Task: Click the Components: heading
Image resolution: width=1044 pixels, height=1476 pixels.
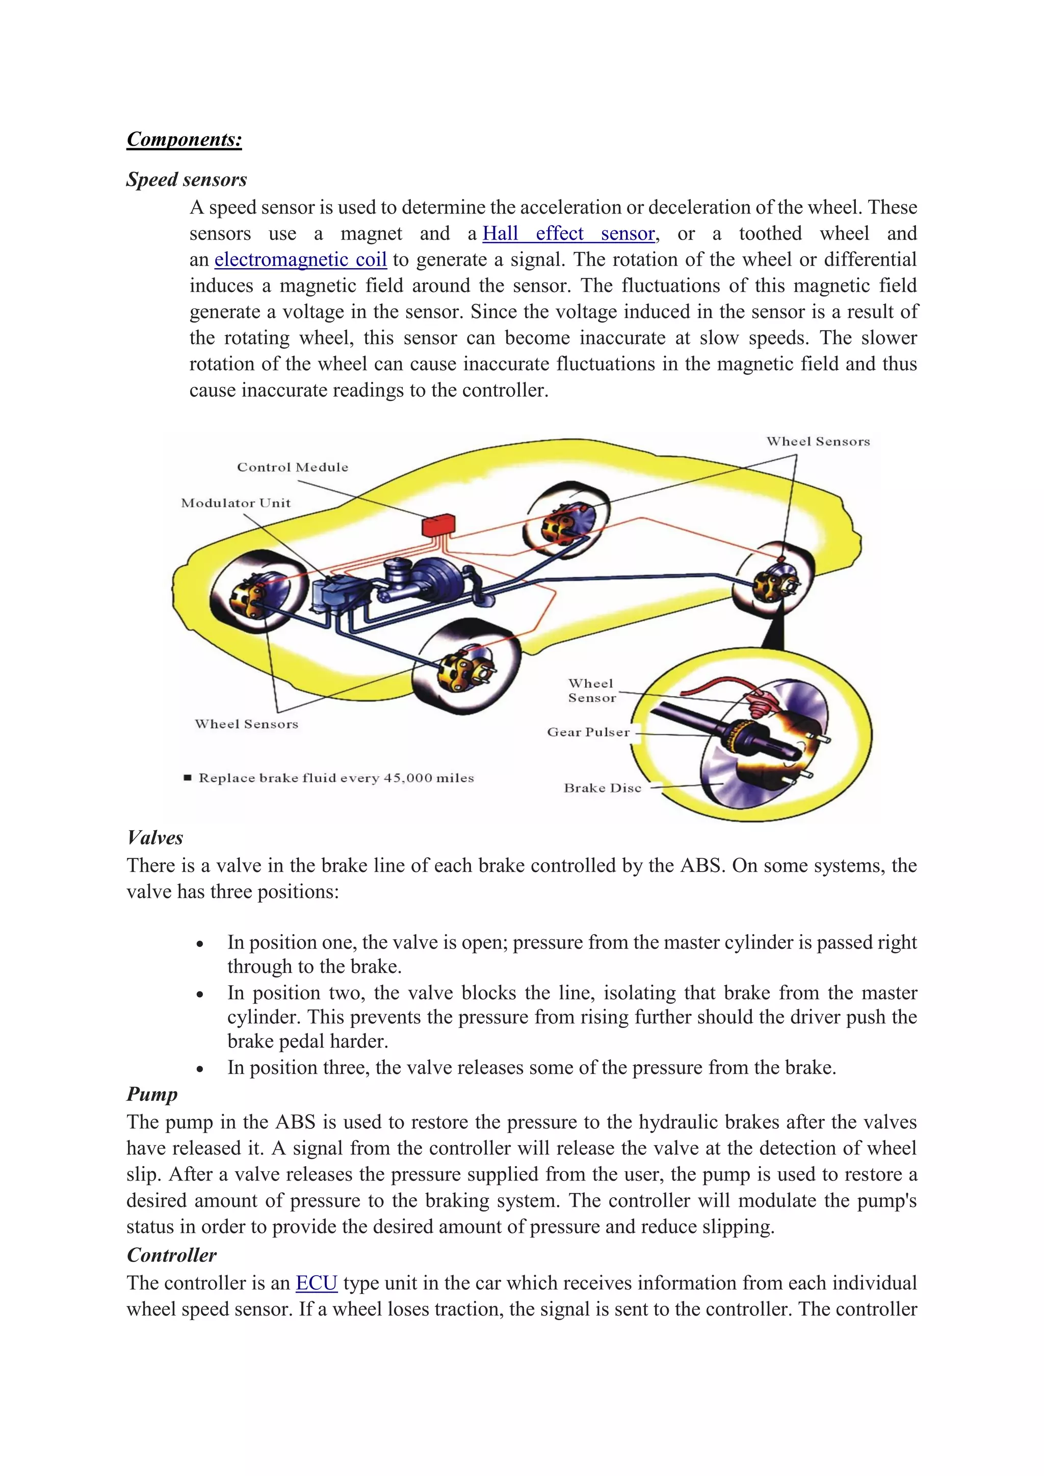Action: pos(184,140)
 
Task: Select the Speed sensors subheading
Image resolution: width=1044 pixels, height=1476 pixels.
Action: pos(187,179)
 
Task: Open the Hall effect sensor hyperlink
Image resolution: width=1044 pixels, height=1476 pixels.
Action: pos(568,233)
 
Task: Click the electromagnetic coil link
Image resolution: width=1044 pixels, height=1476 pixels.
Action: pos(300,260)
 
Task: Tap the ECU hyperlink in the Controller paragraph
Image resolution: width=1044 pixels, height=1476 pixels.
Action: pos(316,1282)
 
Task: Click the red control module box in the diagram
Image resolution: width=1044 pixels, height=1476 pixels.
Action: pos(438,525)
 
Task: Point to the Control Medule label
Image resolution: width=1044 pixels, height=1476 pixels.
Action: pos(293,467)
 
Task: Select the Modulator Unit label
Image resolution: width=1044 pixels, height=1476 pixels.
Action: pos(236,504)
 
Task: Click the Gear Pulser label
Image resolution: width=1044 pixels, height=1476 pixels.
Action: pos(588,732)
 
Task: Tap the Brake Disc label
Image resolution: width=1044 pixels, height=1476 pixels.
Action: pos(603,788)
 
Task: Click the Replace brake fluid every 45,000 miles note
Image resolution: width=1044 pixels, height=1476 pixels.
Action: pos(335,778)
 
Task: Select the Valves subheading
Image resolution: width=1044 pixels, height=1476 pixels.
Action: pos(155,838)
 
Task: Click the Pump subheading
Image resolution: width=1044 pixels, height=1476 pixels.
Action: pos(152,1094)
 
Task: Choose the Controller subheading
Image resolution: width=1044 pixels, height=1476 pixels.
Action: pos(172,1255)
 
